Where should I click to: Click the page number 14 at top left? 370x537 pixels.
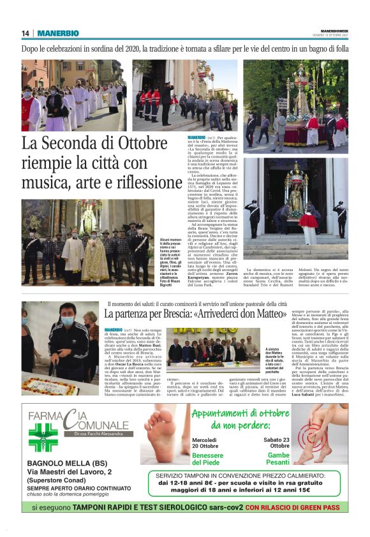click(26, 33)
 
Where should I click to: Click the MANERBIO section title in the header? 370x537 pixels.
click(58, 33)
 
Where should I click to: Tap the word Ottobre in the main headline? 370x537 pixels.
click(128, 145)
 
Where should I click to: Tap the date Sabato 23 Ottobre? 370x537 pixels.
click(278, 443)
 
